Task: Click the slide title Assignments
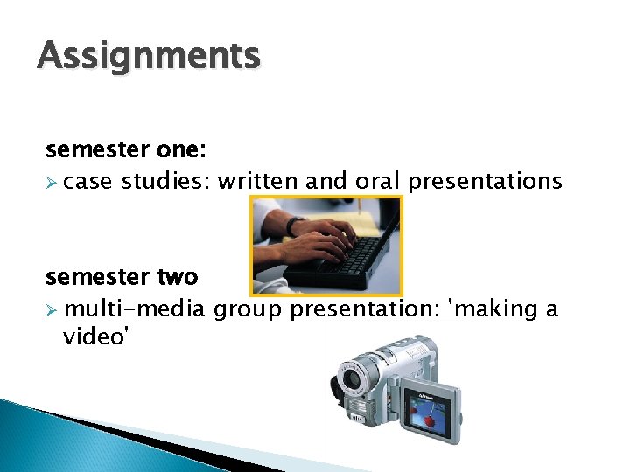[x=149, y=57]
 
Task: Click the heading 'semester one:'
[x=125, y=150]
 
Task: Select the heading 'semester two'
[x=122, y=278]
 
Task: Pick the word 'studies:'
[x=165, y=181]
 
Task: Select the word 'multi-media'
[x=135, y=309]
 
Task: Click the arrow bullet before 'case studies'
[x=52, y=182]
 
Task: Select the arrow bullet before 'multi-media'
[x=52, y=310]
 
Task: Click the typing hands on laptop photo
[x=325, y=245]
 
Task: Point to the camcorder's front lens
[x=353, y=379]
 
